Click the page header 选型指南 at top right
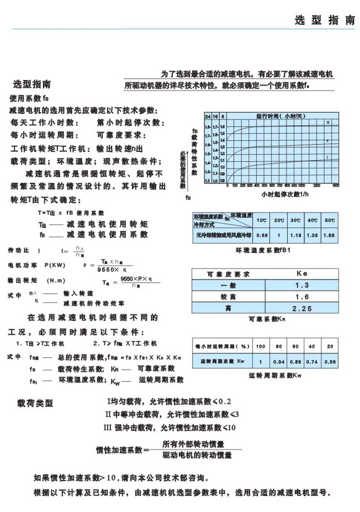tap(325, 20)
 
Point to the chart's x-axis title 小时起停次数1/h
tap(285, 194)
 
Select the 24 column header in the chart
tap(208, 117)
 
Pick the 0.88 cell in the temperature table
tap(262, 235)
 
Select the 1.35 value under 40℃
tap(313, 235)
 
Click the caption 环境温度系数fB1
tap(267, 250)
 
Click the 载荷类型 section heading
tap(36, 403)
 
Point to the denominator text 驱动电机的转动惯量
tap(197, 456)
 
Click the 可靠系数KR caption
tap(267, 319)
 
